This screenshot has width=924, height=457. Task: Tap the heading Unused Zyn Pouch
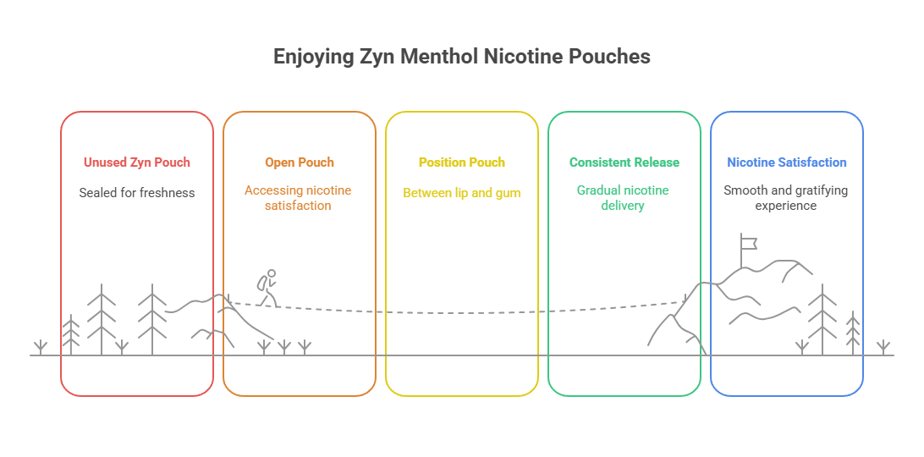[137, 162]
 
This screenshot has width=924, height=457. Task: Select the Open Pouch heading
[300, 162]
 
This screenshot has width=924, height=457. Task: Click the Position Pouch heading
[462, 162]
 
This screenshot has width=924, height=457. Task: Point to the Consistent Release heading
[624, 162]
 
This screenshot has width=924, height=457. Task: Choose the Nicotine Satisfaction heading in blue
[787, 162]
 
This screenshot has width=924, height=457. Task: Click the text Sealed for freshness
[137, 192]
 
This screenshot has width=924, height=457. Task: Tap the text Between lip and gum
[462, 192]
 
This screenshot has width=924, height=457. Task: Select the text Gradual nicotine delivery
[624, 197]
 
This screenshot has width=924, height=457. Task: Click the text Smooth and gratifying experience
[787, 197]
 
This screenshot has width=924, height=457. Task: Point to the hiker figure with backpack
[267, 288]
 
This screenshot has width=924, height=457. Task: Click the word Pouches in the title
[612, 57]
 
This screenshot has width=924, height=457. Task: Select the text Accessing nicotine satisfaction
[300, 197]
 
